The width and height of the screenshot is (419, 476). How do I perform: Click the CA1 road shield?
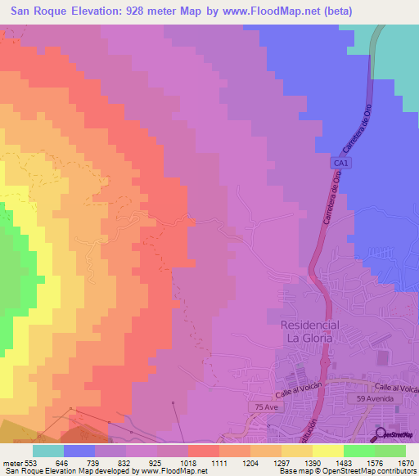pyautogui.click(x=340, y=164)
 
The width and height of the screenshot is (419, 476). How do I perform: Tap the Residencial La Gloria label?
pyautogui.click(x=309, y=331)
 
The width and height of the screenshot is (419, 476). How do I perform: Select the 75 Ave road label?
pyautogui.click(x=261, y=406)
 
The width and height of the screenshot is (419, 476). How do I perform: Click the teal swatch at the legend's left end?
pyautogui.click(x=48, y=451)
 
